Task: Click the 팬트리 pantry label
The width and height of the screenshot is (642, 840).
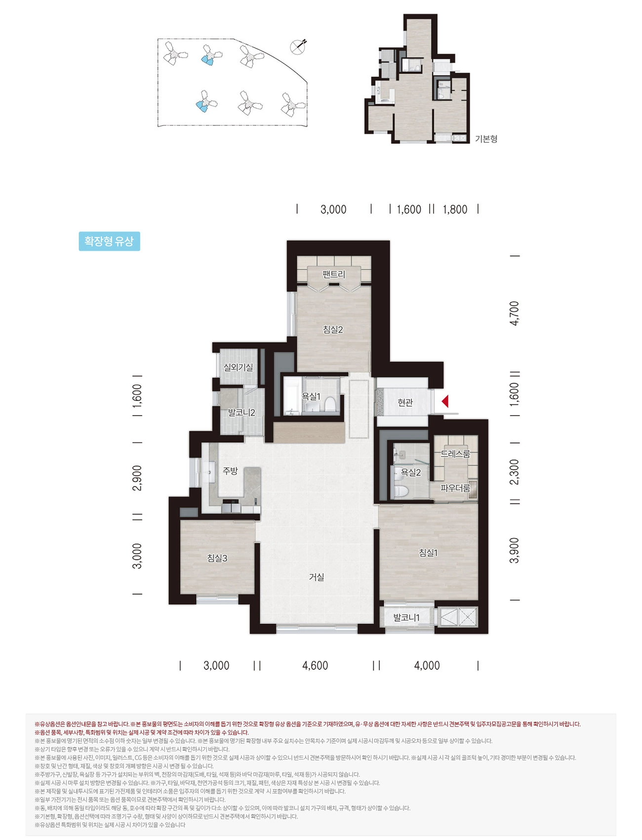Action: tap(334, 274)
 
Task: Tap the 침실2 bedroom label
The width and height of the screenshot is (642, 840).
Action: tap(333, 330)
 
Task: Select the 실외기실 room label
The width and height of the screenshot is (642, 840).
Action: tap(239, 367)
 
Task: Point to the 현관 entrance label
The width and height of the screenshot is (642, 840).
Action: tap(405, 403)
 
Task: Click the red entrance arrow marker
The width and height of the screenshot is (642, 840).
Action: tap(445, 401)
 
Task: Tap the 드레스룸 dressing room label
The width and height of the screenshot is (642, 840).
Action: tap(455, 454)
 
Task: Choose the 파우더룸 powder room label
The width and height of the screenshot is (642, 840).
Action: tap(455, 488)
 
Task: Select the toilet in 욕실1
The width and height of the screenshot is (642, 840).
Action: tap(330, 405)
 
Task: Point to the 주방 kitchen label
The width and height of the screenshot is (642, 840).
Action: tap(230, 471)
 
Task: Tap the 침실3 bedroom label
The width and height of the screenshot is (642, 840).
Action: tap(217, 558)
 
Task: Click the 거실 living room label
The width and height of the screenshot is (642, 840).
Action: tap(317, 577)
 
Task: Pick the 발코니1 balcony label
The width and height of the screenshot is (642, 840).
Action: tap(406, 618)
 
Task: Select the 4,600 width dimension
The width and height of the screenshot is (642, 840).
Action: tap(315, 666)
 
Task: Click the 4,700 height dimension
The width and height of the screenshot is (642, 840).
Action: tap(514, 313)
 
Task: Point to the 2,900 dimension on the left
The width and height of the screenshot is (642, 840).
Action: tap(137, 478)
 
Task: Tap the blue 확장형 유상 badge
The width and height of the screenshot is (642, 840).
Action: tap(109, 241)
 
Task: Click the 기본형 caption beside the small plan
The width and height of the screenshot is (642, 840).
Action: tap(486, 139)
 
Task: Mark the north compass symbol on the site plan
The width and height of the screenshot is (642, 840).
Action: tap(298, 46)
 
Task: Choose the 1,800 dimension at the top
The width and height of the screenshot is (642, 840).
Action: tap(455, 210)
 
